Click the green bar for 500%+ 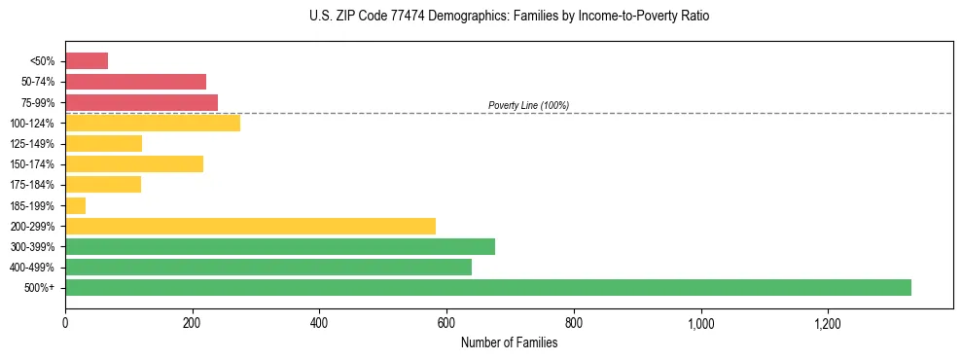pos(487,287)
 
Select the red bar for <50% pos(87,61)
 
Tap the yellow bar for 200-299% pos(250,226)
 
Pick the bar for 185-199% pos(76,205)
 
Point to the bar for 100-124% pos(153,123)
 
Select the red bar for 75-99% pos(141,102)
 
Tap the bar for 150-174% pos(134,163)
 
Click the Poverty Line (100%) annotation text pos(528,105)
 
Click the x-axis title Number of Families pos(509,342)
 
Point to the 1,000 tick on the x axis pos(700,323)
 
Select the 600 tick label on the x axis pos(446,323)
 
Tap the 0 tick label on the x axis pos(65,323)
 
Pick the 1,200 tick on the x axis pos(828,323)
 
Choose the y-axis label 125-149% pos(33,144)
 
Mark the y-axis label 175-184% pos(33,185)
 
